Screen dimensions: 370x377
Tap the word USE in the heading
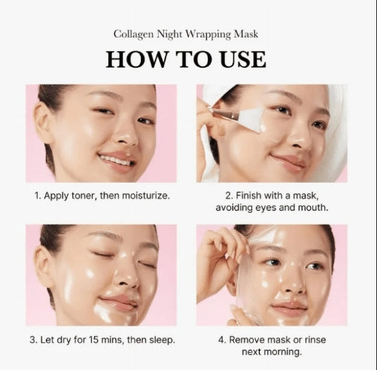point(236,59)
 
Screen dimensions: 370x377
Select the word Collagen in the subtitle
point(135,34)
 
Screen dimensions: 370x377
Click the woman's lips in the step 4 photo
point(289,308)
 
